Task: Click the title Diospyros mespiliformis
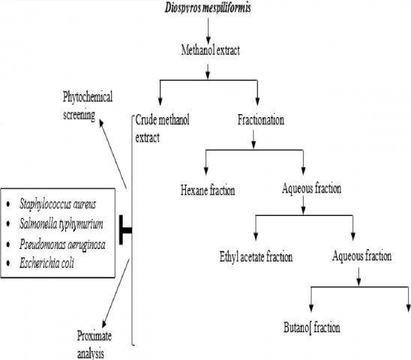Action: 208,7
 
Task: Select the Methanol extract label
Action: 211,49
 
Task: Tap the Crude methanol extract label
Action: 162,129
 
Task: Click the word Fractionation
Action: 261,120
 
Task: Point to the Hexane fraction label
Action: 208,190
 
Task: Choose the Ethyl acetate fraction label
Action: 256,256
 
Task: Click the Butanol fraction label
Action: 312,328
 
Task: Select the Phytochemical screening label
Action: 88,106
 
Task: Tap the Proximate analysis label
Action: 94,344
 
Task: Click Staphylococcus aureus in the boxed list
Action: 58,204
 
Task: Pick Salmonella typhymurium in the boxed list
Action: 61,224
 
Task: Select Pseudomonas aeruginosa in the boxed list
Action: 62,244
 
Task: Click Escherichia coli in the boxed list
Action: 46,263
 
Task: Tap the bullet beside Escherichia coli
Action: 8,263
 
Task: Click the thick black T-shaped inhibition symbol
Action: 125,230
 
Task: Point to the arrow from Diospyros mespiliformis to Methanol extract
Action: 208,31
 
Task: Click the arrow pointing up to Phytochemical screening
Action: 113,154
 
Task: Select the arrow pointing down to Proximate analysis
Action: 115,293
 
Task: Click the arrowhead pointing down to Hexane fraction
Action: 206,171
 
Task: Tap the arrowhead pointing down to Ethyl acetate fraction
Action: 256,236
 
